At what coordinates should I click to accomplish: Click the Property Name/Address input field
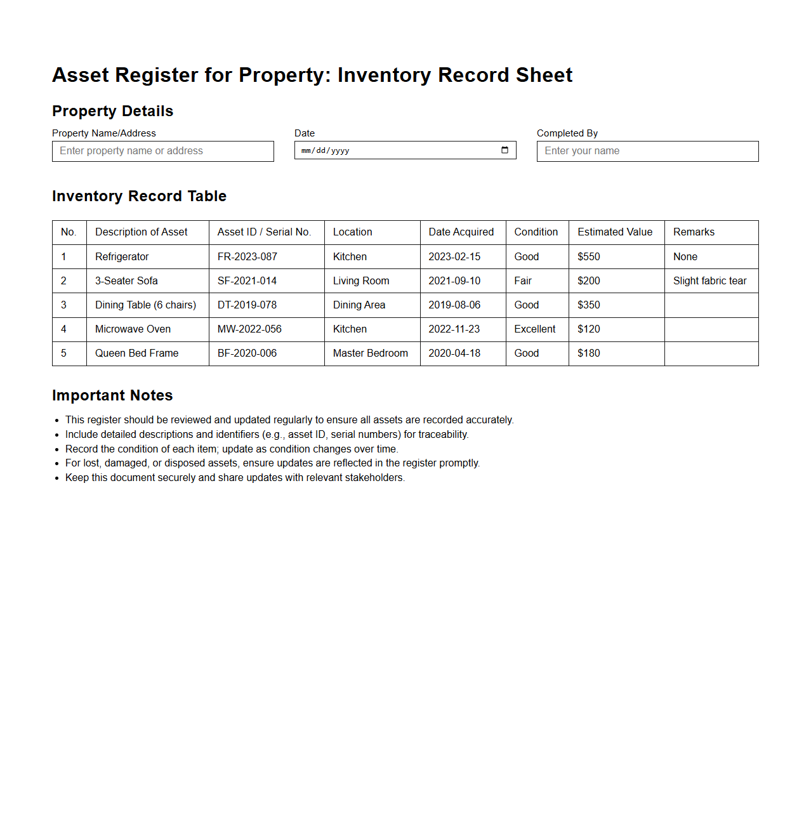coord(162,151)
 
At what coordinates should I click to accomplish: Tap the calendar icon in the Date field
coord(504,150)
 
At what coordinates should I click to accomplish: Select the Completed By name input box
coord(647,151)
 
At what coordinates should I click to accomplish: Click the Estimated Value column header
coord(614,232)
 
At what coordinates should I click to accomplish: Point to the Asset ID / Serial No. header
coord(264,232)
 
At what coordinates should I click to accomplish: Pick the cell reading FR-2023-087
coord(247,256)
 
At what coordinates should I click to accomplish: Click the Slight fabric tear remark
coord(709,280)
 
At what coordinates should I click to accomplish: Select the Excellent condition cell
coord(534,329)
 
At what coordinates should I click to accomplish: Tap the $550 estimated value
coord(588,256)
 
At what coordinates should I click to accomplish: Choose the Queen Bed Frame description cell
coord(136,353)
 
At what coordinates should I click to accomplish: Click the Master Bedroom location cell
coord(370,353)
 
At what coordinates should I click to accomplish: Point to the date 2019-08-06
coord(454,305)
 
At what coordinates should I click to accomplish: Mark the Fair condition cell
coord(523,280)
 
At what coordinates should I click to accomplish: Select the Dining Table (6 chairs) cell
coord(145,305)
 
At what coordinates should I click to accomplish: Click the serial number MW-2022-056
coord(249,329)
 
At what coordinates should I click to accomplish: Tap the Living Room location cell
coord(361,280)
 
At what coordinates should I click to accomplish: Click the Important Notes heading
coord(112,395)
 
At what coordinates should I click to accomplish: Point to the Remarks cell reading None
coord(685,256)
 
